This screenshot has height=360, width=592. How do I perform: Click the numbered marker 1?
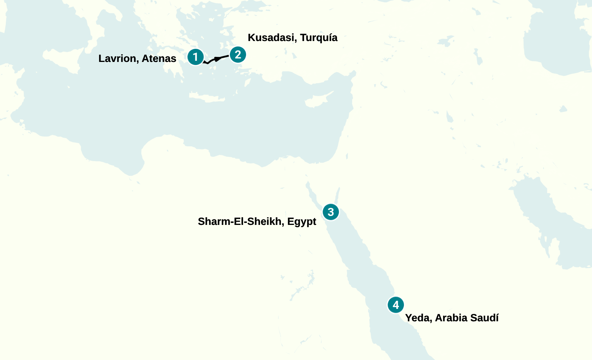[195, 57]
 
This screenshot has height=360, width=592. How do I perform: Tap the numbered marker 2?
[238, 55]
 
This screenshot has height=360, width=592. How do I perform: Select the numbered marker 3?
[331, 212]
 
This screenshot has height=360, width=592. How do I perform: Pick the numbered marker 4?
[395, 305]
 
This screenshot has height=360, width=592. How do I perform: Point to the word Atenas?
[159, 58]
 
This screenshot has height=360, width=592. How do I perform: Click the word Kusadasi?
[272, 38]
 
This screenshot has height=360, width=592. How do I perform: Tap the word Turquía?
[319, 38]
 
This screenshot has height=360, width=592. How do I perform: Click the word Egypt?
[302, 221]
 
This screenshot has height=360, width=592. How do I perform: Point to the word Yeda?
[417, 318]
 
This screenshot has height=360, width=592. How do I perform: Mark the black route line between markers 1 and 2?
[217, 59]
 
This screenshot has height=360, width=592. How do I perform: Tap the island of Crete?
[207, 98]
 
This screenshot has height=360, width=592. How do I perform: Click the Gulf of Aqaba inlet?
[337, 195]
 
